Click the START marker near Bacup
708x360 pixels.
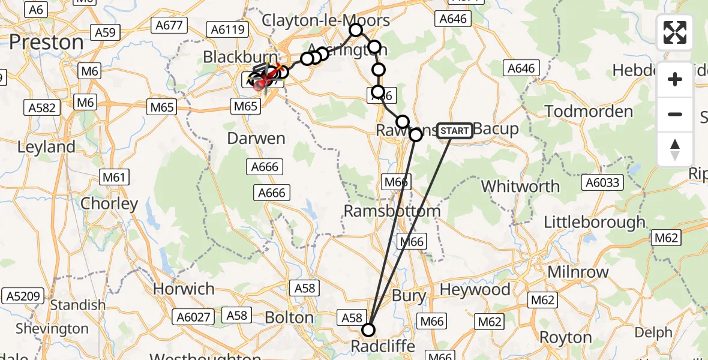coord(454,130)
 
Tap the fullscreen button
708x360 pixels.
coord(675,32)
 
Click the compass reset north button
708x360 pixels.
coord(675,149)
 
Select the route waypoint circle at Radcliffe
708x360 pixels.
coord(368,329)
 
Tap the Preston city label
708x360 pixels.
coord(47,42)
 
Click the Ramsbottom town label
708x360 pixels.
coord(392,211)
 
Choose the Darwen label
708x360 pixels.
coord(256,138)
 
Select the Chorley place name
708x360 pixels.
coord(109,203)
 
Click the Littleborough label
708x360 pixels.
coord(594,222)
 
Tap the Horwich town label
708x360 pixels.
coord(184,289)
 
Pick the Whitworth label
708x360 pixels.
coord(520,186)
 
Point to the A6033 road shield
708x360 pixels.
coord(603,182)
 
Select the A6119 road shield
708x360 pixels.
coord(226,29)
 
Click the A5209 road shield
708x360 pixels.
coord(22,295)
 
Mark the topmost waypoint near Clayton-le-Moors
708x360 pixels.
coord(356,29)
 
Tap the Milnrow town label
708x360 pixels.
coord(578,271)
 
